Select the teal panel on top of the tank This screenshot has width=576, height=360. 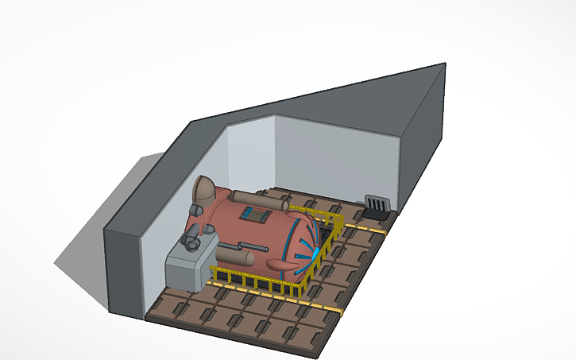coord(256,213)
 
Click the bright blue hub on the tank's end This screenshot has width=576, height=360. coord(315,253)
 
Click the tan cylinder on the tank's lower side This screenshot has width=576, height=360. coord(236,256)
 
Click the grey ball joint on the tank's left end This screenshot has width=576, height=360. coord(193,210)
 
